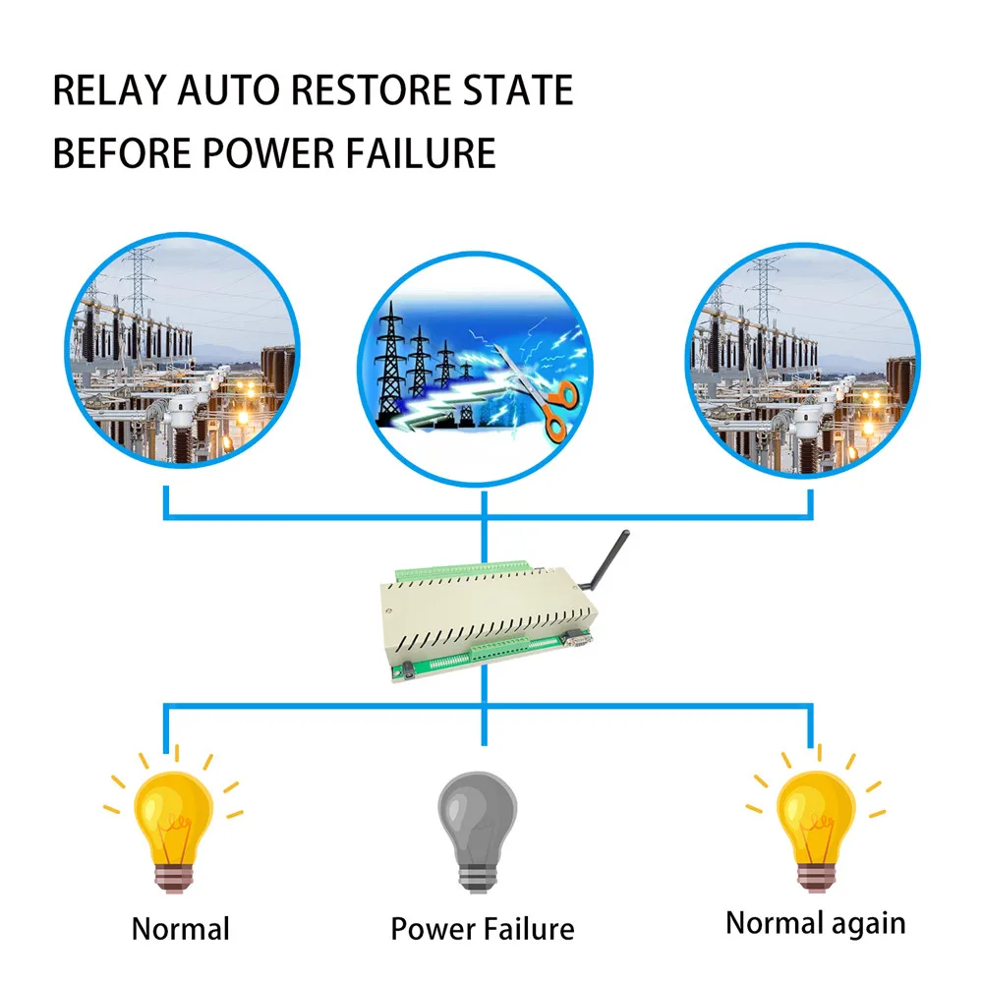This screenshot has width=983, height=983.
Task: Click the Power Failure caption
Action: (x=482, y=929)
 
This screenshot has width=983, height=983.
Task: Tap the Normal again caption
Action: (x=815, y=923)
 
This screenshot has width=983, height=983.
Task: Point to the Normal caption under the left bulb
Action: (x=180, y=929)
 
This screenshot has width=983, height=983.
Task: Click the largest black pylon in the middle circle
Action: (x=391, y=369)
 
